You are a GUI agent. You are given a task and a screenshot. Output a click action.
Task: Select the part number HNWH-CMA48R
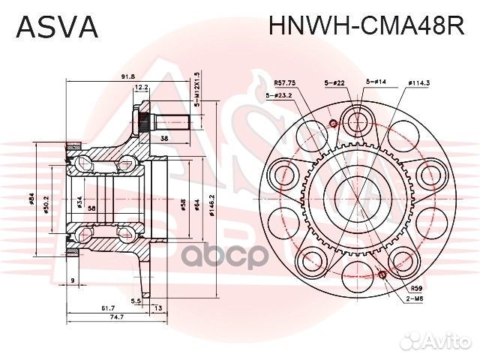366,27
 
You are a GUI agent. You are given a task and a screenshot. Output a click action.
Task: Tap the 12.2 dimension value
142,88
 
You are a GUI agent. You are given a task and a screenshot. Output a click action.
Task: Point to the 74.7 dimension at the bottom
113,318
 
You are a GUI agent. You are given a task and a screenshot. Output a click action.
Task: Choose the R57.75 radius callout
284,82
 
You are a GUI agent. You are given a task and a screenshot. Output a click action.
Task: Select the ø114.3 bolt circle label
418,82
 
